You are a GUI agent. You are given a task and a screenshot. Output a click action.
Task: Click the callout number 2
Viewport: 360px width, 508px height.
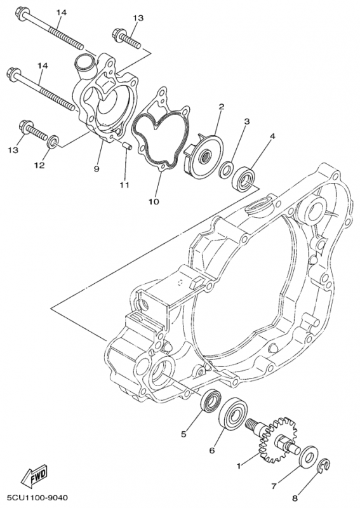click(x=221, y=107)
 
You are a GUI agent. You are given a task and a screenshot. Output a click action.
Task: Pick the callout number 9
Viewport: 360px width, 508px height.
click(x=97, y=169)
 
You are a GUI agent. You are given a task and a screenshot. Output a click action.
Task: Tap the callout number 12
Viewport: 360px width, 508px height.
click(x=39, y=166)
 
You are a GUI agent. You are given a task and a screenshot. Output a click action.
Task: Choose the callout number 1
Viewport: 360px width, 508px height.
click(x=239, y=466)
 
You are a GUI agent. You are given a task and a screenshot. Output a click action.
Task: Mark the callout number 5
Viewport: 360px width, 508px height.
click(x=183, y=434)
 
